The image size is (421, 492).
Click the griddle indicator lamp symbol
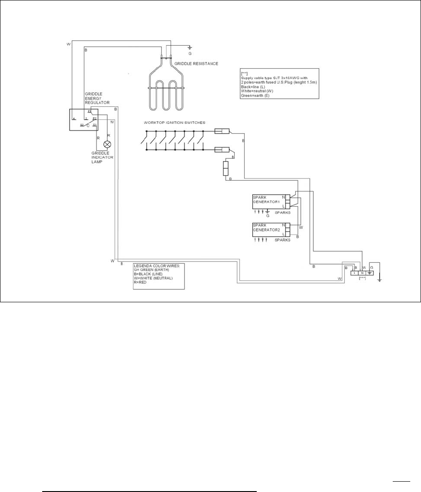click(x=107, y=144)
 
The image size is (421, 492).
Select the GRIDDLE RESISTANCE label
click(x=197, y=64)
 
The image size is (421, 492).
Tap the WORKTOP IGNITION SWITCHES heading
click(x=175, y=122)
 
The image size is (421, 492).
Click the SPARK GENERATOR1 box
click(x=269, y=202)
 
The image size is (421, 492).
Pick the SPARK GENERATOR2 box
click(x=269, y=230)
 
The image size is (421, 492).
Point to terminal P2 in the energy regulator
click(x=95, y=118)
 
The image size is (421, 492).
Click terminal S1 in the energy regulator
click(x=95, y=125)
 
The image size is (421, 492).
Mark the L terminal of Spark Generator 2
click(x=284, y=234)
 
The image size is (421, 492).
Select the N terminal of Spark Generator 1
click(x=284, y=197)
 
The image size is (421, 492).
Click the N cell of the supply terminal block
click(x=362, y=273)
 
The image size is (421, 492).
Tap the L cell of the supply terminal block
click(x=355, y=273)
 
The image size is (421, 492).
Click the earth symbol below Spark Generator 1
click(x=268, y=211)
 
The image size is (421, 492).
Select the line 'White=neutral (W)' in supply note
click(x=259, y=91)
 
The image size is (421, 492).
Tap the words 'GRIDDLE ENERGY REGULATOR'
click(x=97, y=98)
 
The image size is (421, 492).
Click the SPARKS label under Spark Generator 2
click(x=282, y=240)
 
